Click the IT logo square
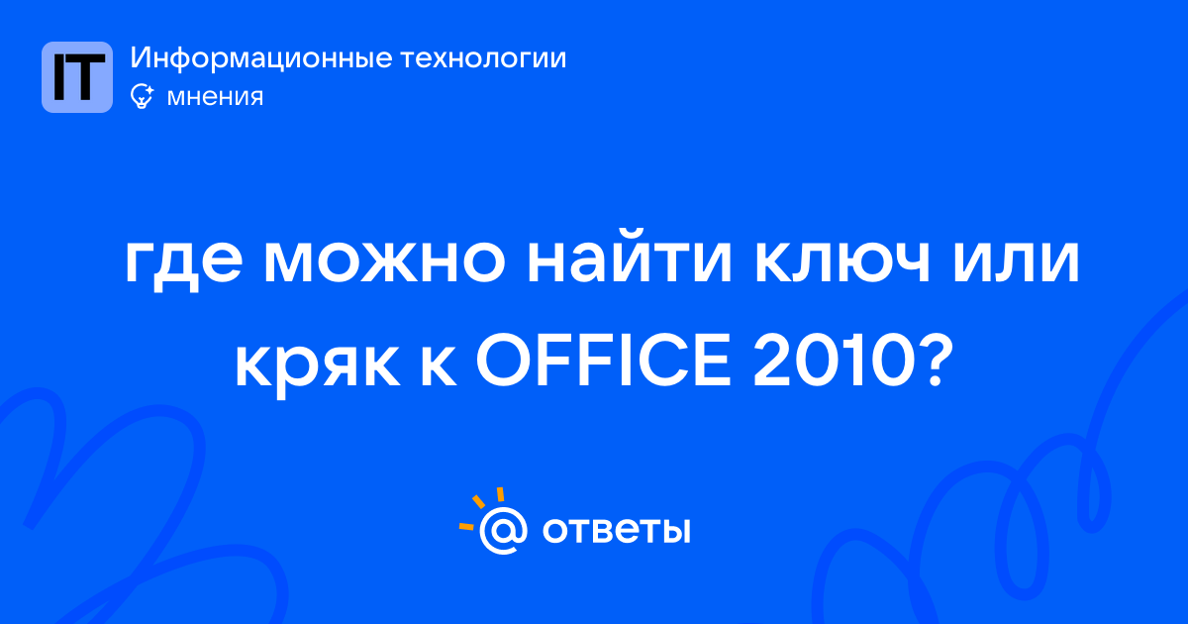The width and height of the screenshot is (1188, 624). click(77, 77)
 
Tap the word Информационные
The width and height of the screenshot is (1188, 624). click(261, 58)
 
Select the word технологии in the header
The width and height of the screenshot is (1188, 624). click(483, 58)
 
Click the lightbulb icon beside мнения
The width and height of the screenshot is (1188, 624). click(142, 96)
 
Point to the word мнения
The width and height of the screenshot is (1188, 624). click(215, 97)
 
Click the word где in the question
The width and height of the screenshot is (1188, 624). click(184, 261)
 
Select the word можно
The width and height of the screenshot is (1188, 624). click(384, 261)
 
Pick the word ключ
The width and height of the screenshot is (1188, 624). click(842, 261)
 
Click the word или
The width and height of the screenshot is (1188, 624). click(1016, 261)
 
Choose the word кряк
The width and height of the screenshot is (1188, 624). click(317, 366)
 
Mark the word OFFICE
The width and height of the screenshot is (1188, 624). click(604, 360)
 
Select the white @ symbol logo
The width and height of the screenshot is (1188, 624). click(503, 530)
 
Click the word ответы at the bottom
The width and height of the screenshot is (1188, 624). click(616, 530)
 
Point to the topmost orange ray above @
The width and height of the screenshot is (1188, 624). click(500, 494)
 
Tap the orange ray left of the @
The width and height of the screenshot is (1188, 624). click(466, 526)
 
